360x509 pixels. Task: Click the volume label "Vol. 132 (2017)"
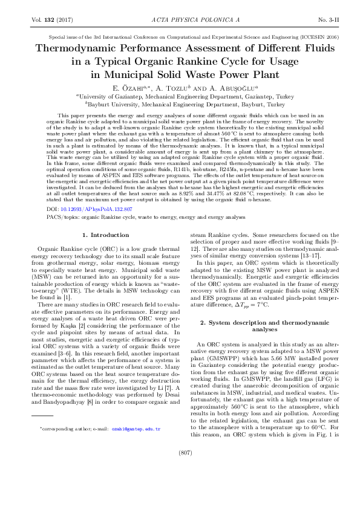click(x=51, y=20)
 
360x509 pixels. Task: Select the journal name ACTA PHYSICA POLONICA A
click(x=180, y=20)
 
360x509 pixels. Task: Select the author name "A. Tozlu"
click(x=172, y=88)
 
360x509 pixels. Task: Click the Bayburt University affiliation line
click(x=180, y=103)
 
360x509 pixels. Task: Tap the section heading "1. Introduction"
click(x=101, y=235)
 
